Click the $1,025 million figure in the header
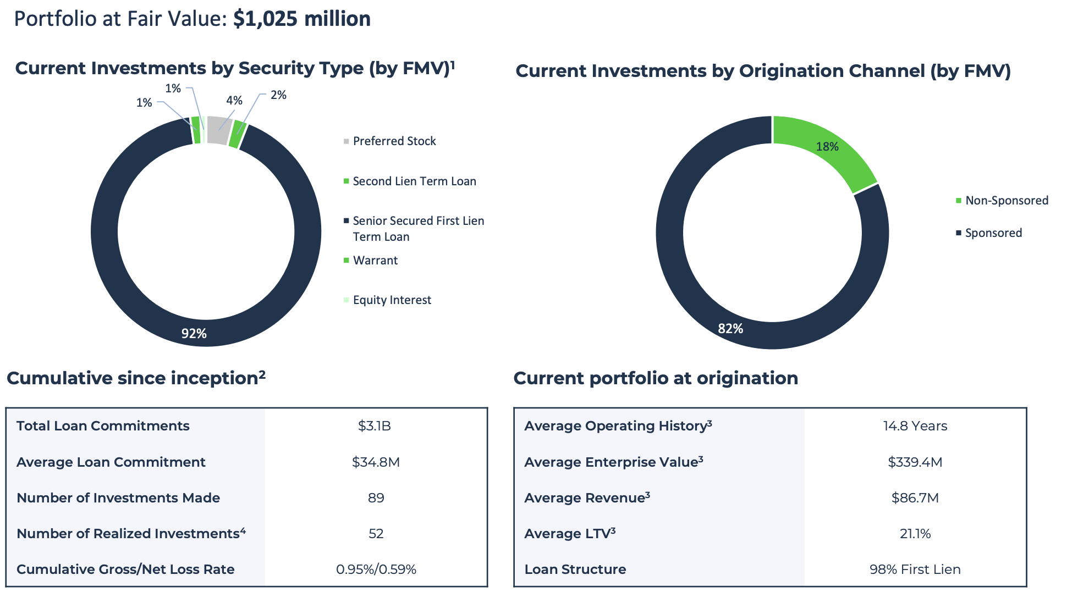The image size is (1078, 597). pos(301,19)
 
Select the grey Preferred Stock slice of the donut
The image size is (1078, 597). pos(218,130)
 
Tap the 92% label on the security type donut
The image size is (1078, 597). pos(194,334)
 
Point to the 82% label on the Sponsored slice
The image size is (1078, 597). pos(730,329)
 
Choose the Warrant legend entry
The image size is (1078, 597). pos(375,261)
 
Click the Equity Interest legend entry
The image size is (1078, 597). pos(392,300)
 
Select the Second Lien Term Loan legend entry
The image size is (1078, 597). pos(414,181)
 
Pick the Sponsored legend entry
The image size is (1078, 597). pos(993,233)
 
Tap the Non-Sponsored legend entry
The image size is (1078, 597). pos(1006,201)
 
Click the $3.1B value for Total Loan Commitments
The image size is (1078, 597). pos(375,426)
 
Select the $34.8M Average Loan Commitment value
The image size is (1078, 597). pos(376,462)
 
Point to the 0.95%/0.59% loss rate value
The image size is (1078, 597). pos(376,570)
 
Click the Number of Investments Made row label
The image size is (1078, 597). pos(118,498)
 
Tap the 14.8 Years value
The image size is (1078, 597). pos(915,426)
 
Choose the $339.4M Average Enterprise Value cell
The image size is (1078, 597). pos(915,462)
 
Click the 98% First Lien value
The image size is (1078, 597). pos(915,570)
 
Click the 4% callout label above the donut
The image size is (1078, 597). pos(234,101)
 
